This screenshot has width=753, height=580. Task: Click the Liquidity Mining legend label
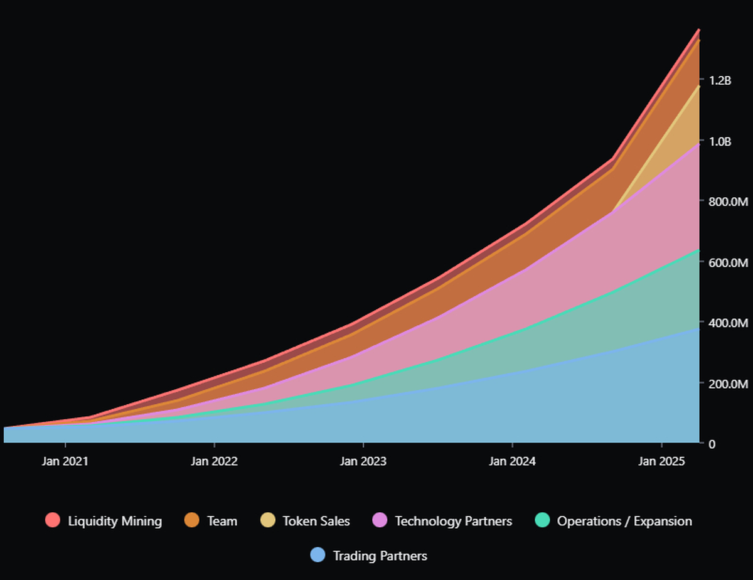[115, 521]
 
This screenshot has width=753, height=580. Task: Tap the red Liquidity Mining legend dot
[53, 520]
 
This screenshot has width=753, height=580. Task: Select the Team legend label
[222, 521]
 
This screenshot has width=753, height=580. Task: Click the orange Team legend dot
[192, 520]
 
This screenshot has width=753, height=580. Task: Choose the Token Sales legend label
[316, 521]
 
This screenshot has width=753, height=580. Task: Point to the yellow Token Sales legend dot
[268, 520]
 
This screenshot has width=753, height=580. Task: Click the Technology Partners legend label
[453, 521]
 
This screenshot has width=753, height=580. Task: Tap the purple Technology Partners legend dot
[380, 520]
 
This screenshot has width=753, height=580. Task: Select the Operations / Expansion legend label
[624, 521]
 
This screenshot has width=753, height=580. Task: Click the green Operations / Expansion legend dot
[542, 520]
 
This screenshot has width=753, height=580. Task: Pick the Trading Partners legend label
[380, 556]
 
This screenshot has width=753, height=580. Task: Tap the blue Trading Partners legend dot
[318, 555]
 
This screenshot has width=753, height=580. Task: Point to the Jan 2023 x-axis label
[363, 461]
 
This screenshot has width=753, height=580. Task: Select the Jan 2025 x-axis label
[661, 461]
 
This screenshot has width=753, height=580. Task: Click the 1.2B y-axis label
[720, 80]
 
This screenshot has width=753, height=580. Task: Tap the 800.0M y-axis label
[726, 201]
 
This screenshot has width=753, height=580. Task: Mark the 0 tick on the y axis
[712, 444]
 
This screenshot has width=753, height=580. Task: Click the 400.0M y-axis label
[726, 323]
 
